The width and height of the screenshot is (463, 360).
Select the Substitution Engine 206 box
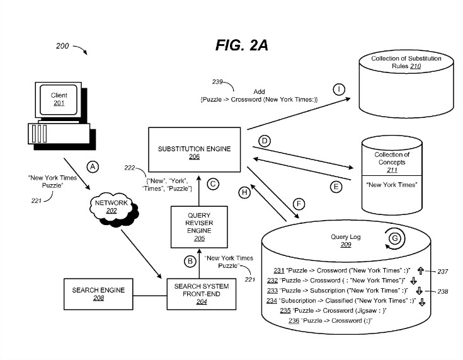click(x=193, y=152)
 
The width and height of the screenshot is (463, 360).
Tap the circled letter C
click(x=213, y=185)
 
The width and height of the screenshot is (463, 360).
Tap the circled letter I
click(x=340, y=90)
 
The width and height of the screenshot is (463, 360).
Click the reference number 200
click(x=62, y=47)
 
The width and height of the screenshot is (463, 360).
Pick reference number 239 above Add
click(x=218, y=82)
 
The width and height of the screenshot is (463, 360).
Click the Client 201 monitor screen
click(x=59, y=99)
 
